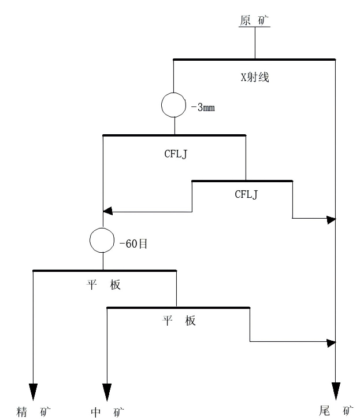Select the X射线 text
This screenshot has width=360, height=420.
pos(255,77)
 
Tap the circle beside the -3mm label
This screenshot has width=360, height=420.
pos(173,105)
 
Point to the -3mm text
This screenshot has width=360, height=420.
pos(203,108)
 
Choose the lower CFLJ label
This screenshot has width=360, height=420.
pos(246,194)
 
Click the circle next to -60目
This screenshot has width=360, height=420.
pos(103,240)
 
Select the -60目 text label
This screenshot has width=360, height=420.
pos(133,244)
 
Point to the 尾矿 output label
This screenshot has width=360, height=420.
pos(336,411)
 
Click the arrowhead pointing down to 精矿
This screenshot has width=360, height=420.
pos(34,392)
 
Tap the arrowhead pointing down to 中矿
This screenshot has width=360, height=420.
pos(107,392)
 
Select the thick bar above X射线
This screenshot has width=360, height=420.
pos(254,59)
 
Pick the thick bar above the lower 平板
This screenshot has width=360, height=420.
pos(179,308)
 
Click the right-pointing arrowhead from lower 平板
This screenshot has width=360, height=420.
pos(331,342)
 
